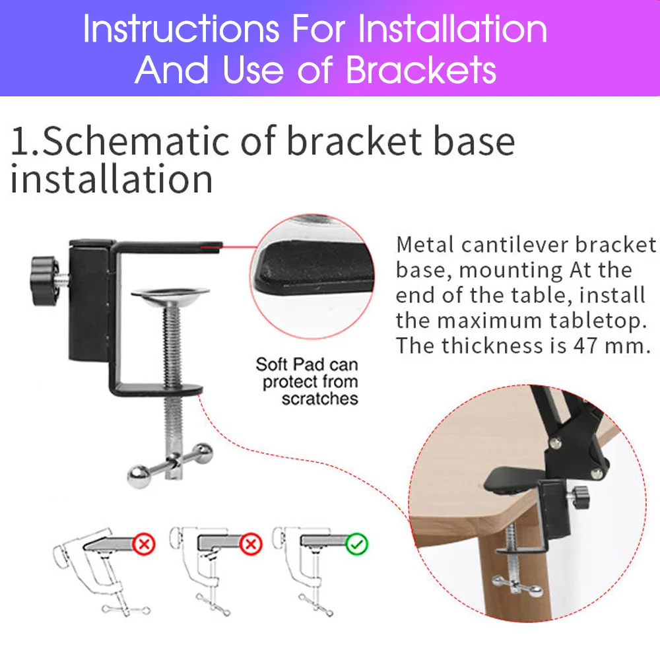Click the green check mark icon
click(356, 544)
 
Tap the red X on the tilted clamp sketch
click(144, 544)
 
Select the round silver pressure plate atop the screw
click(170, 297)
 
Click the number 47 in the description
click(585, 346)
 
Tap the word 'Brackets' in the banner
click(421, 70)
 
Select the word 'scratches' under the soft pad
click(320, 399)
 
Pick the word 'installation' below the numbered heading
click(111, 180)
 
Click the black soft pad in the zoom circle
click(315, 268)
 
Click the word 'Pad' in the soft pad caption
click(308, 364)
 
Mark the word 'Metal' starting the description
click(424, 245)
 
